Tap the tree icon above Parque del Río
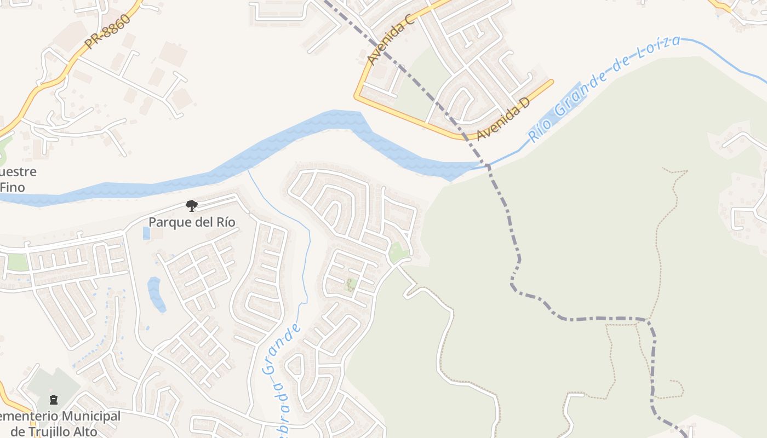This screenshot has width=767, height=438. pyautogui.click(x=191, y=206)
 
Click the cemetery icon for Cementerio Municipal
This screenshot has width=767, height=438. pyautogui.click(x=53, y=400)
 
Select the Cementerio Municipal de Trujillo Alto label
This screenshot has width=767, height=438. pyautogui.click(x=60, y=423)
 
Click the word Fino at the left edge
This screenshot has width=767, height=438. pyautogui.click(x=12, y=187)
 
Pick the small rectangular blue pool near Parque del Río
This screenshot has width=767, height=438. pyautogui.click(x=146, y=233)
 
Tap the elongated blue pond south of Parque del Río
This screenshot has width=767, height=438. pyautogui.click(x=156, y=294)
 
